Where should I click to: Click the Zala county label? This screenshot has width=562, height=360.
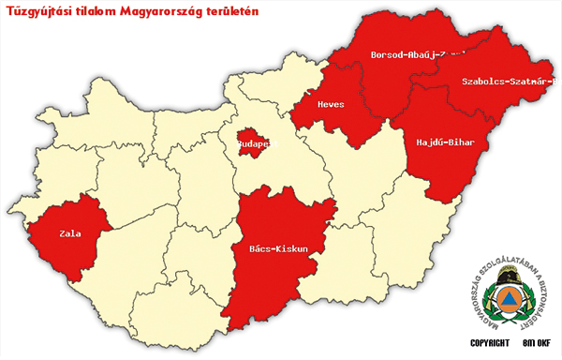69,233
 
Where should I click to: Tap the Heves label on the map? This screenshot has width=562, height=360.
334,104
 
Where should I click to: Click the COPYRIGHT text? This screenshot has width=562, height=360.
489,343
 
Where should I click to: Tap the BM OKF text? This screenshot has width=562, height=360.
537,343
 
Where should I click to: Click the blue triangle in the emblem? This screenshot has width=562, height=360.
508,299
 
